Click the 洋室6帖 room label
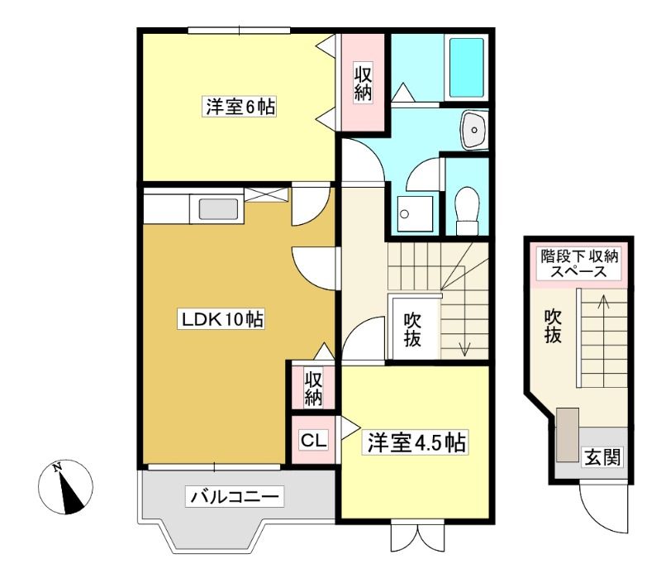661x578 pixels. tap(240, 107)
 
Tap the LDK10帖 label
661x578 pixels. tap(221, 319)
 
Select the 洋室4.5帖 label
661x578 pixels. tap(416, 443)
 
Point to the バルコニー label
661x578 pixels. tap(235, 497)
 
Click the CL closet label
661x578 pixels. tap(313, 441)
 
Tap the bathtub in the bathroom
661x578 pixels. tap(466, 68)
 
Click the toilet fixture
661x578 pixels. tap(467, 210)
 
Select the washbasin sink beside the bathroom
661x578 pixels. tap(473, 130)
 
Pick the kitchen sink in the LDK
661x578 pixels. tap(218, 209)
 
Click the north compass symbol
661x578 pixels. tap(65, 486)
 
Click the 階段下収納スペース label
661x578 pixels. tap(579, 263)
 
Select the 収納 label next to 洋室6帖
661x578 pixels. tap(363, 84)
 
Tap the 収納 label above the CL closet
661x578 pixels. tap(313, 388)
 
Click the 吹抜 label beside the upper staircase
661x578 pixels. tap(412, 330)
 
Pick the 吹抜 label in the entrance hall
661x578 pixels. tap(553, 326)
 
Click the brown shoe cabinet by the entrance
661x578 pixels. tap(568, 435)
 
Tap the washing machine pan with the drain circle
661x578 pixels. tap(415, 213)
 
